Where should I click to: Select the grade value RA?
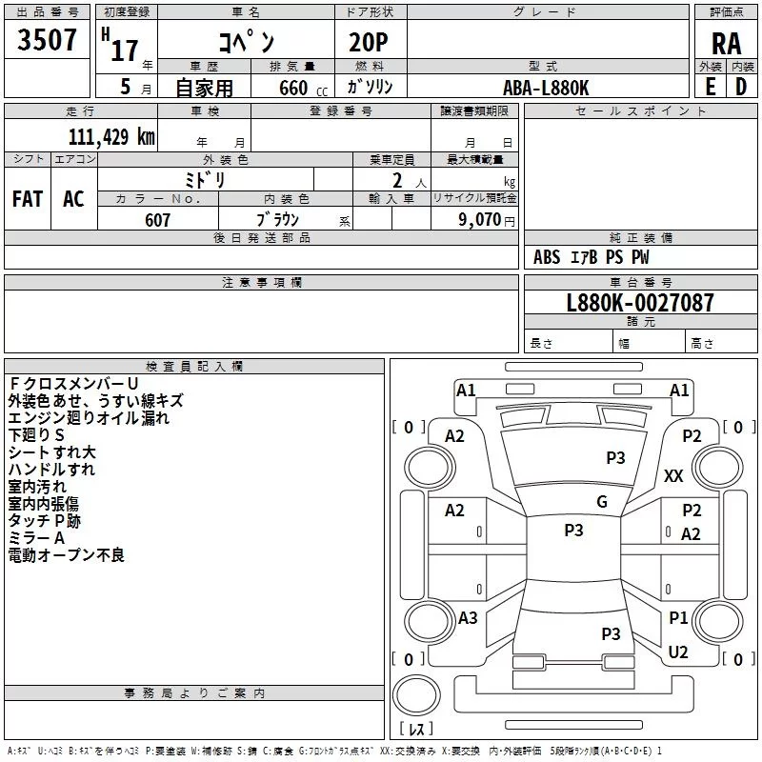point(726,44)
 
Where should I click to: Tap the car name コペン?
point(247,42)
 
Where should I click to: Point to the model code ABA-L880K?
point(547,88)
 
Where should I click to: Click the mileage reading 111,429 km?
point(111,136)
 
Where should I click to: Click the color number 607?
point(158,220)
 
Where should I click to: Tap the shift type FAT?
point(28,199)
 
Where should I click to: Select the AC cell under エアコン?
point(73,199)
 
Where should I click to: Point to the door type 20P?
point(370,44)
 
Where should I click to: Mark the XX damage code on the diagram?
point(673,476)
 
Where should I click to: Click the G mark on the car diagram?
point(601,502)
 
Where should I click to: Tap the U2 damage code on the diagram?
point(678,652)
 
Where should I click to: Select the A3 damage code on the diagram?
point(468,618)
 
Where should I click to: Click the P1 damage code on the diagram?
point(678,618)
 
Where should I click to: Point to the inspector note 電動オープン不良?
point(67,554)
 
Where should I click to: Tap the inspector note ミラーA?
point(37,538)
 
